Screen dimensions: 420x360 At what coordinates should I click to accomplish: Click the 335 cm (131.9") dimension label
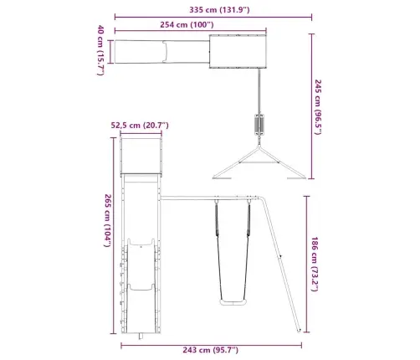click(219, 10)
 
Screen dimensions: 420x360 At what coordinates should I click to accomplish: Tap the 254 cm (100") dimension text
click(187, 24)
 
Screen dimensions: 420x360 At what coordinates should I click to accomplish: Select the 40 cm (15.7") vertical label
click(100, 50)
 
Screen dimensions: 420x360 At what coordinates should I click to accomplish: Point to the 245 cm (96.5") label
click(318, 107)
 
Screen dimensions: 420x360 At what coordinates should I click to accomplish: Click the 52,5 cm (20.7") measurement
click(140, 125)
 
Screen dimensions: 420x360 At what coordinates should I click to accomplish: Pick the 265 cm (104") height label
click(108, 220)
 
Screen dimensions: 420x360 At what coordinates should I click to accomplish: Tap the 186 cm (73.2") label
click(315, 264)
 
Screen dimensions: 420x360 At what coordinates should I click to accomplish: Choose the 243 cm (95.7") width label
click(211, 350)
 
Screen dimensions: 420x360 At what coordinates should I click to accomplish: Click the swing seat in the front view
click(233, 302)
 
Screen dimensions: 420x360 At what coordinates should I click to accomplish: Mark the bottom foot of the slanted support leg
click(299, 331)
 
